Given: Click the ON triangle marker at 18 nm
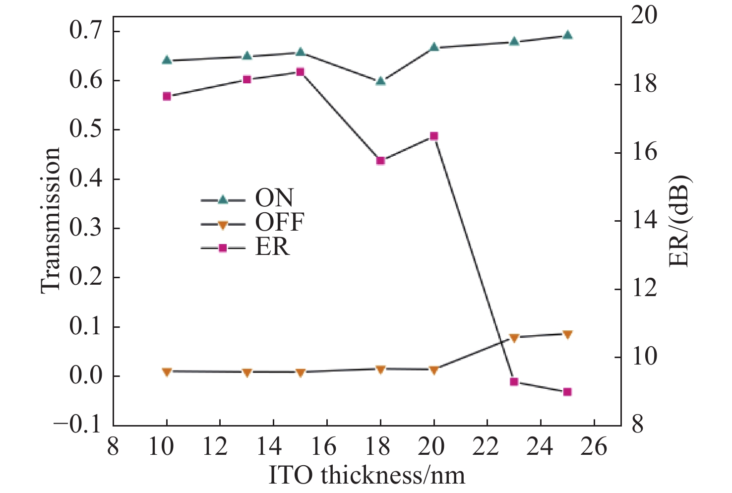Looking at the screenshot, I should point(380,81).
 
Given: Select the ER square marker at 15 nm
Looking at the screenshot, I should point(300,72).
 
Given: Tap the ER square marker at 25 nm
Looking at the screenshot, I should point(567,392).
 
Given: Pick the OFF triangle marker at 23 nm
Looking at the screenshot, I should point(514,338).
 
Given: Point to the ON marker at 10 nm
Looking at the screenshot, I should point(167,60).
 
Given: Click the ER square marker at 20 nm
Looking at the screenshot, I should point(434,136).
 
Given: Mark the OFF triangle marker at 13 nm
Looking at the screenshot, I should point(247,372).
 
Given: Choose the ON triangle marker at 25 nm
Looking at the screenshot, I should point(567,35).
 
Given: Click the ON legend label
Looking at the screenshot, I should point(274,198).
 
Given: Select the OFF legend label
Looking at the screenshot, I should point(279,223).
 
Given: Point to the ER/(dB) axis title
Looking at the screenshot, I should point(679,221).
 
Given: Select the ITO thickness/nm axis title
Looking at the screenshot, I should point(367,475).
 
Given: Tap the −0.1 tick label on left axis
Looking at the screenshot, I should point(79,425).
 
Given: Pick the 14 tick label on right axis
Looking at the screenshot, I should point(644,220).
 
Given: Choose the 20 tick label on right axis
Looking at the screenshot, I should point(644,15).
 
